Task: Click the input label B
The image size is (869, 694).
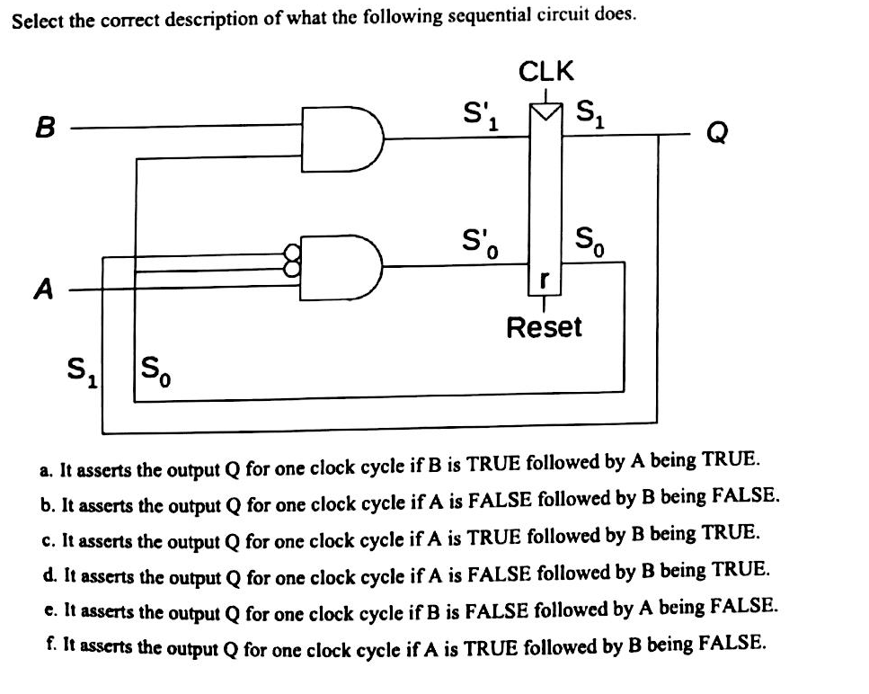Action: (x=42, y=129)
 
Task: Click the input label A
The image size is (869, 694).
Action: (x=42, y=289)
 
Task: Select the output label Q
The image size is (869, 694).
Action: (x=718, y=134)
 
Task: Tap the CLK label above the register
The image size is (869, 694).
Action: (x=546, y=71)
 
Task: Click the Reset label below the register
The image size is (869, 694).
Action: (x=544, y=326)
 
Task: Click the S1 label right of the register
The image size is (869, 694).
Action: (x=591, y=114)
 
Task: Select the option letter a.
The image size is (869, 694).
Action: (x=46, y=469)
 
